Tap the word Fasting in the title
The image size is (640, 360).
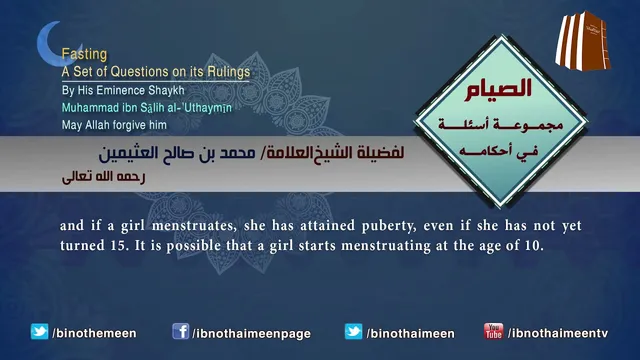[84, 54]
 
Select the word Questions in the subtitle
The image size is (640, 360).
[140, 72]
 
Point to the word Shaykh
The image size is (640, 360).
[166, 90]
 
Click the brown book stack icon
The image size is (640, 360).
[582, 41]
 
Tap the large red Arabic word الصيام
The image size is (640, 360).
[498, 90]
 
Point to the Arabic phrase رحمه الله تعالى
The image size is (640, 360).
[104, 177]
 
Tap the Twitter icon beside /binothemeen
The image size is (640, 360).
[39, 331]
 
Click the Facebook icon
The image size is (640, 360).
[180, 331]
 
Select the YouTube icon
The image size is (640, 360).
[493, 331]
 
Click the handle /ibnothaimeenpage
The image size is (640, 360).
[251, 333]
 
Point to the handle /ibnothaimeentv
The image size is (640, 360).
[558, 333]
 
